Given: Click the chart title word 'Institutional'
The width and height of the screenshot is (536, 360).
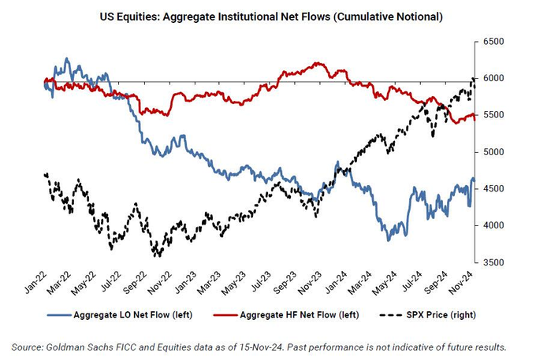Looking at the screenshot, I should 249,17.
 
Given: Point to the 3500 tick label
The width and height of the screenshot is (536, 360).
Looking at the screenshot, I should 493,262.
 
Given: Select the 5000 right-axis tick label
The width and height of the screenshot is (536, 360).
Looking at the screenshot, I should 493,152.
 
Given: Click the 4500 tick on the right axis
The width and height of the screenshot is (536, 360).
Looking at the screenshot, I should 493,189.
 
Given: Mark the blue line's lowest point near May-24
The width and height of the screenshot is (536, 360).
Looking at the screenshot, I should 389,239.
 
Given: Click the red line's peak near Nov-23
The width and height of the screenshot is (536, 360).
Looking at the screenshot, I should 316,63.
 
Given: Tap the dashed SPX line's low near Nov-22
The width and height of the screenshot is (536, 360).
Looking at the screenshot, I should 158,255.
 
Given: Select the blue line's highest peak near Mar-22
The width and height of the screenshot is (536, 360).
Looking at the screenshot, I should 67,58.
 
